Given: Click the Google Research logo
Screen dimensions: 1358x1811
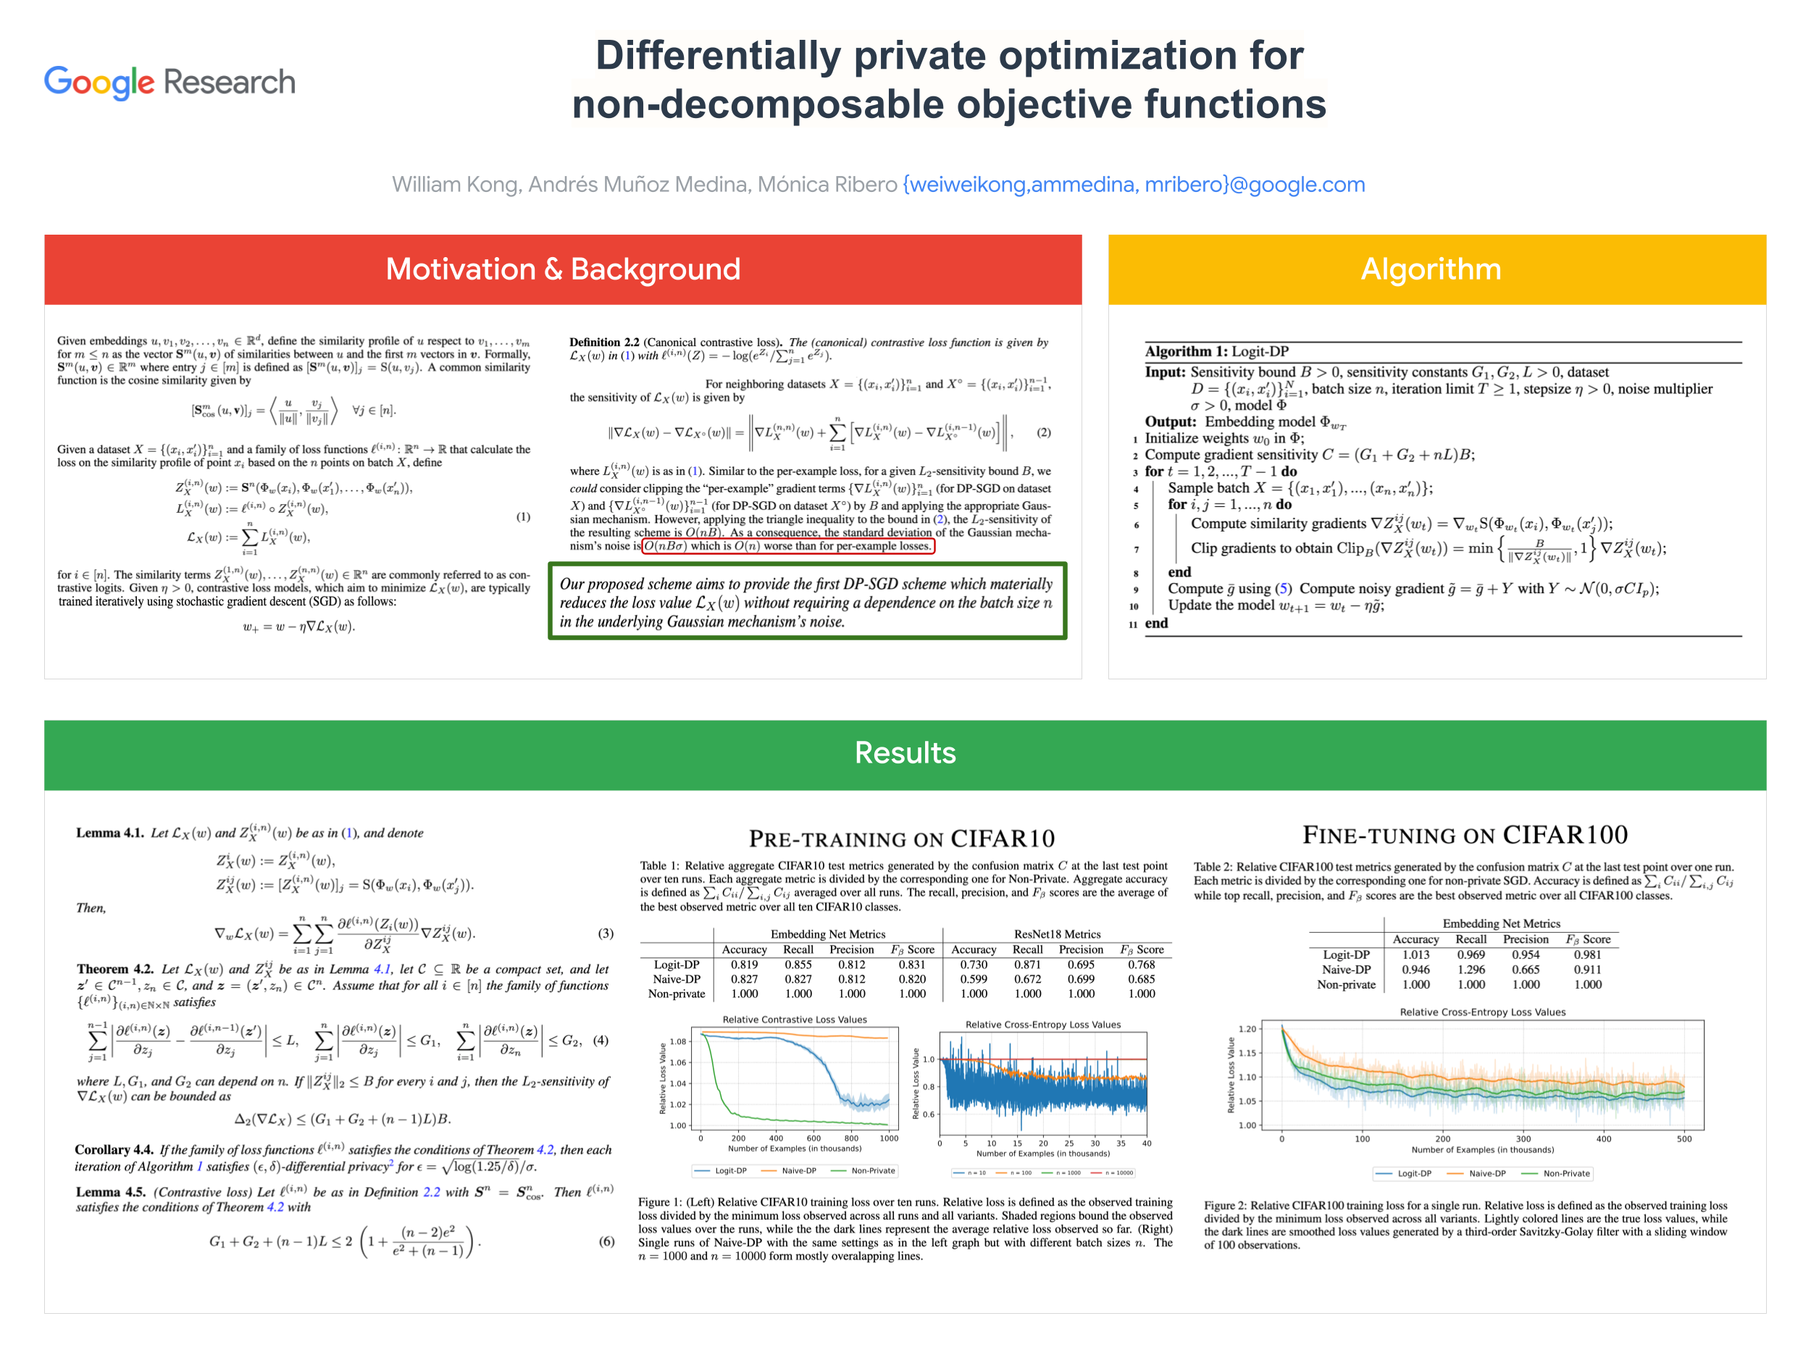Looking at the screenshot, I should pyautogui.click(x=170, y=82).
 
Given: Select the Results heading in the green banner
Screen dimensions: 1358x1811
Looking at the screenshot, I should pyautogui.click(x=905, y=753).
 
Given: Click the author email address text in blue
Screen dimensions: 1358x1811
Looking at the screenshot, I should pyautogui.click(x=1133, y=185).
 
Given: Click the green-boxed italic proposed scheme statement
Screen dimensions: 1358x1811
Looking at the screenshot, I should pyautogui.click(x=806, y=603).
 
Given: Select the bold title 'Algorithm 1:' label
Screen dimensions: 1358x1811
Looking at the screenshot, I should pyautogui.click(x=1186, y=352).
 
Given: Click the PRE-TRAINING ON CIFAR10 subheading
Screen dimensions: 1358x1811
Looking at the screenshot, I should pyautogui.click(x=901, y=839).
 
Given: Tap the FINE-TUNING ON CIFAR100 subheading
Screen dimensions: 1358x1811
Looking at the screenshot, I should pyautogui.click(x=1465, y=835).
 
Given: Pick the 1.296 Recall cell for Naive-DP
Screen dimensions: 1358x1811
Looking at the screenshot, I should pyautogui.click(x=1471, y=970).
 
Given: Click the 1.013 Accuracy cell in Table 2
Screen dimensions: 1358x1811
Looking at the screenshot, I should pyautogui.click(x=1415, y=955).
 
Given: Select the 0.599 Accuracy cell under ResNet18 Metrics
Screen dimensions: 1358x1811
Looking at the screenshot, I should pyautogui.click(x=974, y=979).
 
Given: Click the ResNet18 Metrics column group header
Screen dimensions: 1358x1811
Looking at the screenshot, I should pyautogui.click(x=1057, y=934).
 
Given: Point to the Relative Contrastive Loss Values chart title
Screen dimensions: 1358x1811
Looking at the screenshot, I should pyautogui.click(x=794, y=1020).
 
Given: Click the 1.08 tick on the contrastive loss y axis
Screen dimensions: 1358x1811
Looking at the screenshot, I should pyautogui.click(x=678, y=1042).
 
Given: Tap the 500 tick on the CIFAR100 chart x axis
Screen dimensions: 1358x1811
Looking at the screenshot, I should pyautogui.click(x=1684, y=1139).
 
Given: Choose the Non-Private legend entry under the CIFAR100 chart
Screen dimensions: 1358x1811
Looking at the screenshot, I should pyautogui.click(x=1565, y=1174).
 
